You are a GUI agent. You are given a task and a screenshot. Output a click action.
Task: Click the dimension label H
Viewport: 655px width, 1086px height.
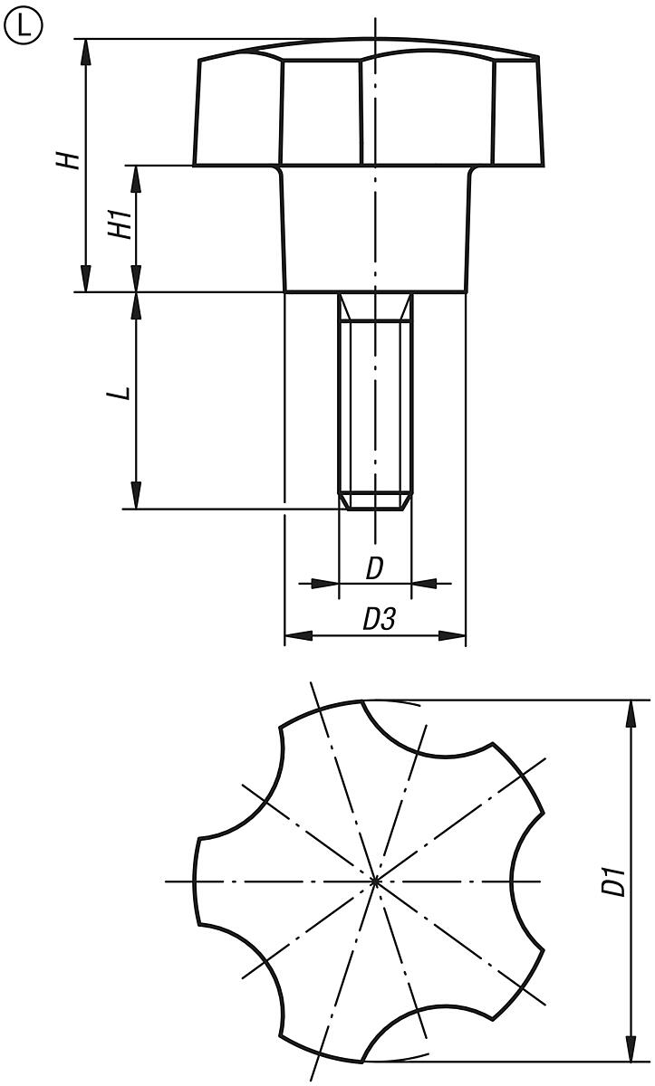(67, 161)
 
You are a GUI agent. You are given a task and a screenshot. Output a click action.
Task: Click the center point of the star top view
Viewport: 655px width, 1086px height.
(375, 880)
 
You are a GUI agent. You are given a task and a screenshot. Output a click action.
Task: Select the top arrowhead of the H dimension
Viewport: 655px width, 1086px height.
(86, 51)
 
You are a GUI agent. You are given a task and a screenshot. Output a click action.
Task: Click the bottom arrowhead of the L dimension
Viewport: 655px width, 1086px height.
(136, 497)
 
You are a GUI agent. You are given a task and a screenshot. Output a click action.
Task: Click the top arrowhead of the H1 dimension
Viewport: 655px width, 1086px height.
(136, 177)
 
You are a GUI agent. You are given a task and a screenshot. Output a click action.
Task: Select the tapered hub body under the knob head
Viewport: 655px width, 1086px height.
(375, 231)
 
